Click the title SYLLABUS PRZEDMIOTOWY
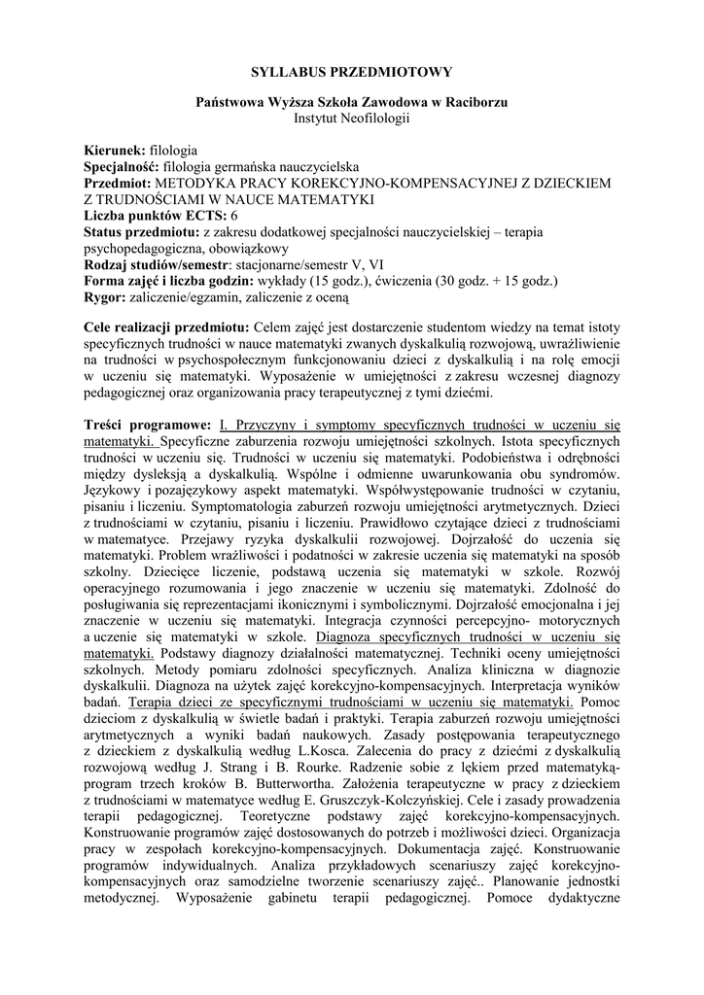(351, 72)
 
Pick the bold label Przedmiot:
(119, 183)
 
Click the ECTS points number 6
(234, 214)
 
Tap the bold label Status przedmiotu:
(141, 230)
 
